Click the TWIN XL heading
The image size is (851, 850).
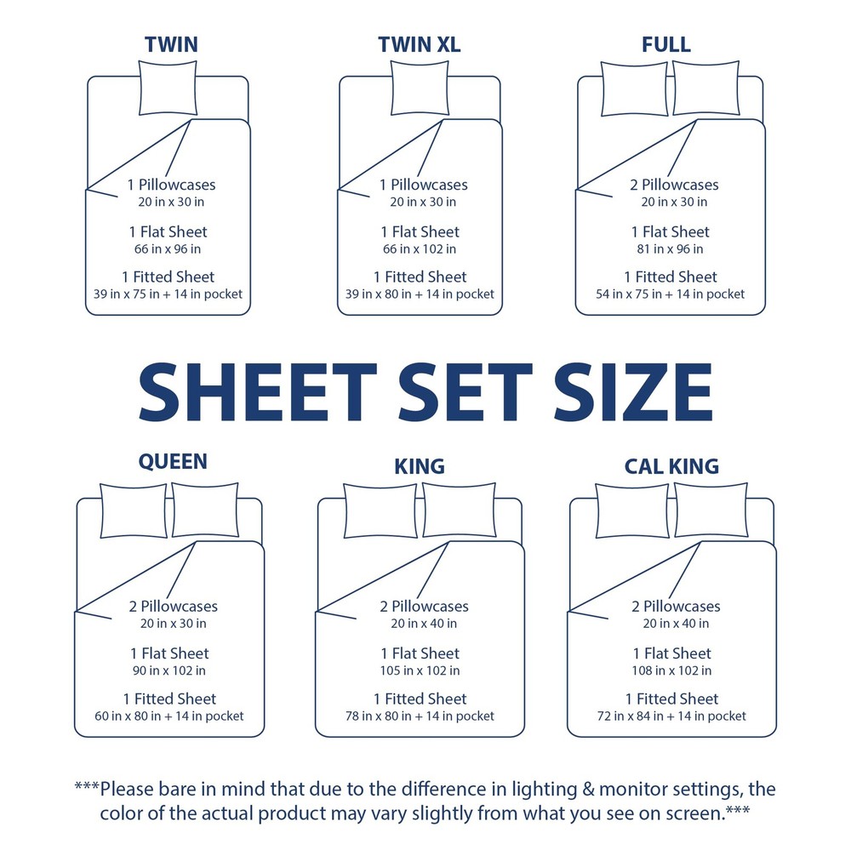click(420, 45)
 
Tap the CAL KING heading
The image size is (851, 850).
click(671, 466)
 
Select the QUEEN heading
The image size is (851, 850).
click(173, 461)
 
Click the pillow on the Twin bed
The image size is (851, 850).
click(168, 88)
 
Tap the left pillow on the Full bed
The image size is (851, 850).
click(634, 88)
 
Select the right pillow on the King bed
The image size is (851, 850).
click(459, 510)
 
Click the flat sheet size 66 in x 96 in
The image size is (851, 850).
click(168, 249)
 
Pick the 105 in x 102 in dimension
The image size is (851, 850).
click(420, 670)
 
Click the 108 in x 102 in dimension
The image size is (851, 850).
click(672, 670)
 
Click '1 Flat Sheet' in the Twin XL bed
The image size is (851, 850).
click(420, 231)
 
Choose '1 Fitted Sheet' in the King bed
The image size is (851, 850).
click(420, 699)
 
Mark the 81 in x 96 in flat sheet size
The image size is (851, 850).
click(671, 249)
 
